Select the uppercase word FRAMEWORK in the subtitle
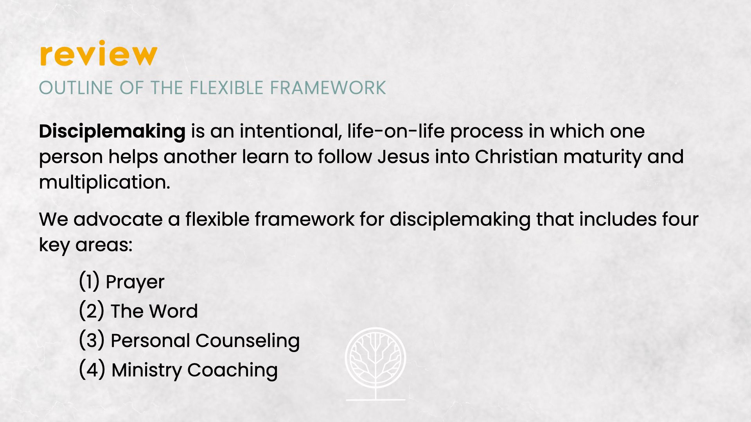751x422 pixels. (328, 88)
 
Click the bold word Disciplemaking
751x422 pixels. (112, 132)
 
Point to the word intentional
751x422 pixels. (291, 131)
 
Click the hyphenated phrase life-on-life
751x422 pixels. (396, 131)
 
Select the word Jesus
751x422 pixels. (404, 157)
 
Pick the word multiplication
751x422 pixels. (104, 182)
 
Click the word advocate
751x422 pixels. (118, 219)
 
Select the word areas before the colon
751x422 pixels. (104, 245)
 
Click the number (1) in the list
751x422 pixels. (89, 281)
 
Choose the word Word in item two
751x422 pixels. (173, 311)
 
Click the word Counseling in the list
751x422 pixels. (248, 341)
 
